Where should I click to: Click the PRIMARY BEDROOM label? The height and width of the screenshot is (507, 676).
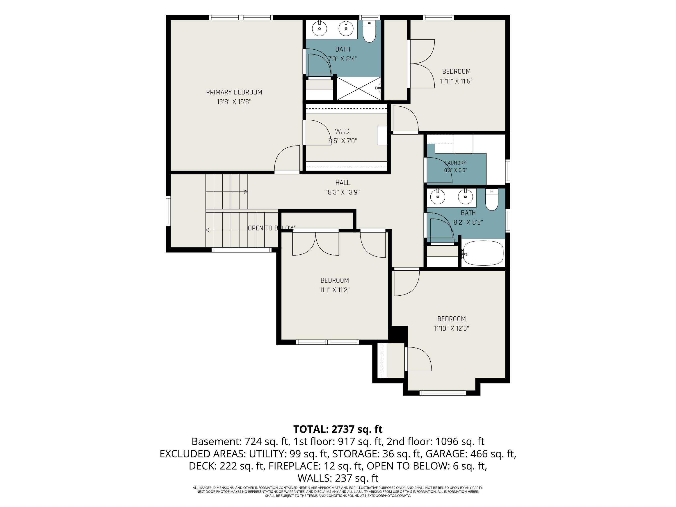pyautogui.click(x=234, y=92)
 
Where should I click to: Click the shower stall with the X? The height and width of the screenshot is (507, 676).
pyautogui.click(x=359, y=88)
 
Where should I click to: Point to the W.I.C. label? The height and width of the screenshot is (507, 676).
pyautogui.click(x=343, y=131)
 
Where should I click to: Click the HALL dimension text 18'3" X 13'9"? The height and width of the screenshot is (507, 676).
pyautogui.click(x=343, y=192)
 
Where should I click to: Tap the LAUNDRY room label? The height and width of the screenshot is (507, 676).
pyautogui.click(x=456, y=163)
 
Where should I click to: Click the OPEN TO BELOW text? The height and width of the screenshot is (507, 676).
pyautogui.click(x=271, y=228)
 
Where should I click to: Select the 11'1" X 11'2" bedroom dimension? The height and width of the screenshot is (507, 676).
pyautogui.click(x=335, y=290)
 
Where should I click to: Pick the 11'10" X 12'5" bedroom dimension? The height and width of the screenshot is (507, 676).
pyautogui.click(x=451, y=329)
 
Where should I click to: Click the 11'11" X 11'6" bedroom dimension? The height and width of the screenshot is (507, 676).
pyautogui.click(x=456, y=81)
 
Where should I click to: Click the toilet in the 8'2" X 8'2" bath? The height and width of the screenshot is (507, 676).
pyautogui.click(x=492, y=200)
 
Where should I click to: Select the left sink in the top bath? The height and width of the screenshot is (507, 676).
pyautogui.click(x=319, y=29)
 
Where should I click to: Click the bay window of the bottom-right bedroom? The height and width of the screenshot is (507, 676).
pyautogui.click(x=443, y=393)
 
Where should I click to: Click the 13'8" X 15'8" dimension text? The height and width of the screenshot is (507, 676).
pyautogui.click(x=234, y=102)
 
